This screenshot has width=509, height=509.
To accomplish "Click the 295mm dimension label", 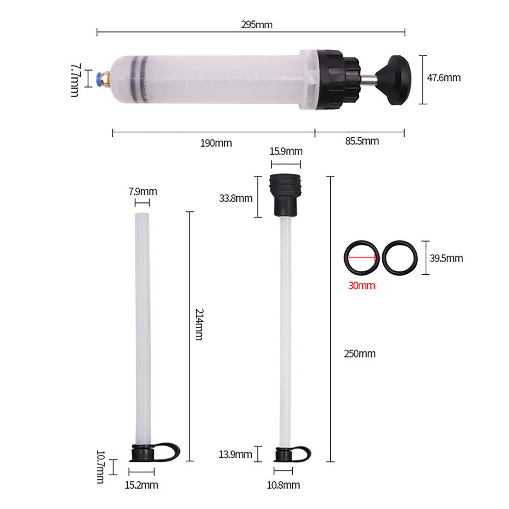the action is pos(257,25).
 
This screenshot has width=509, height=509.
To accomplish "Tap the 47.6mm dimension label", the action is pos(444,78).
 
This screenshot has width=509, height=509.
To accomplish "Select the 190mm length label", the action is pos(216,143).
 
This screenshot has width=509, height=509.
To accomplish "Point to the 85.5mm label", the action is pos(362,141).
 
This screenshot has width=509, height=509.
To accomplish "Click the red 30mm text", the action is pos(362,285).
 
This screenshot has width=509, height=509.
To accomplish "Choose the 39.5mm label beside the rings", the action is pos(446,258).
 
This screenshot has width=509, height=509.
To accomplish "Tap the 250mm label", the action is pos(360,354).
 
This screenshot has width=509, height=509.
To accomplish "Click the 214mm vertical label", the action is pos(199,324).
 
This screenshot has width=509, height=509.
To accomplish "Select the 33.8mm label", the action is pos(236,199).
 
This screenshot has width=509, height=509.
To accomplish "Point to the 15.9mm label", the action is pos(286,151).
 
